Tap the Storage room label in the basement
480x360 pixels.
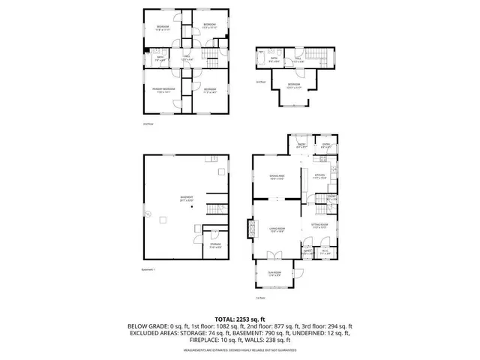pos(214,245)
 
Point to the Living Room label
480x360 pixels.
pos(277,231)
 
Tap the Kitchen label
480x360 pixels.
pos(319,178)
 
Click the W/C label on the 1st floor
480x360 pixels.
pos(324,253)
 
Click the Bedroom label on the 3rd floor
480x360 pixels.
pos(295,85)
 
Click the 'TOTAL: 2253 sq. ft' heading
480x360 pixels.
pos(240,319)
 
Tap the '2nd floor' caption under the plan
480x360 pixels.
pos(148,124)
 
